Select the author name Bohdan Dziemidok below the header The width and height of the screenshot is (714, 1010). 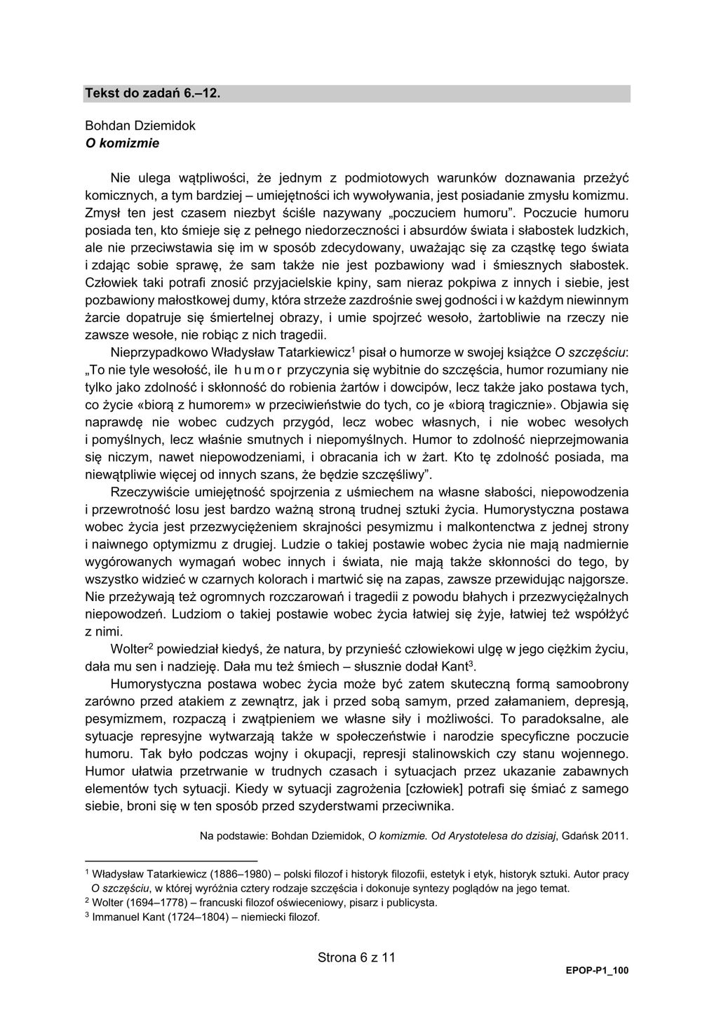tap(140, 126)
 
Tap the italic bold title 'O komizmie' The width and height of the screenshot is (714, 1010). tap(122, 143)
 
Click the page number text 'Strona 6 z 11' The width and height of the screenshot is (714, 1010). tap(357, 957)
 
